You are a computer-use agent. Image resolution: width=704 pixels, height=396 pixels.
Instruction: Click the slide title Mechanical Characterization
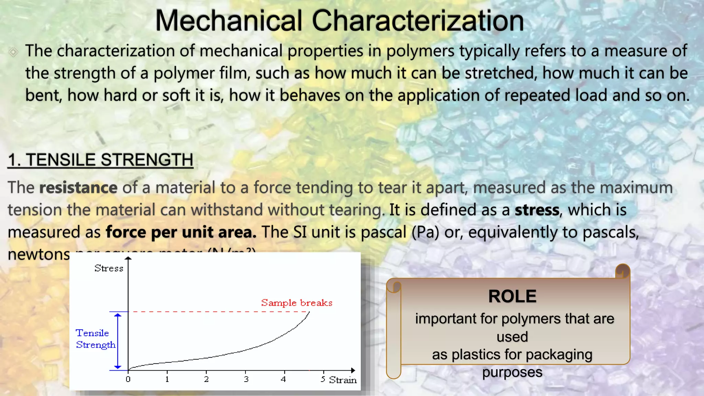339,21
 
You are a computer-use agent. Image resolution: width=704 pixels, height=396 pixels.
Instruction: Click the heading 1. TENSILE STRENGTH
100,160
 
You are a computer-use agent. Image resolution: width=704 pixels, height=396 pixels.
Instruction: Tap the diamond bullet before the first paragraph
13,52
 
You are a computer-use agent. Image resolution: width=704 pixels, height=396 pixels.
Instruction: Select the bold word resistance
78,188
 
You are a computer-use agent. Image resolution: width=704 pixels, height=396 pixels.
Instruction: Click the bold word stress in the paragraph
537,210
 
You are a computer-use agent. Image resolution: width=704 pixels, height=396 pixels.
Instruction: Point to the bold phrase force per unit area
181,232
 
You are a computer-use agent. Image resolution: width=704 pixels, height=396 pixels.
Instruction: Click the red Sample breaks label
297,303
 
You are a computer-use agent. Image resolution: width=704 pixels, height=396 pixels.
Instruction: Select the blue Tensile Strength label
95,339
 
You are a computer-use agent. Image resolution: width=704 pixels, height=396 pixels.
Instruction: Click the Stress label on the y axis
109,268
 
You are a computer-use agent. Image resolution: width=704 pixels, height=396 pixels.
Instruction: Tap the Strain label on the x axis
343,380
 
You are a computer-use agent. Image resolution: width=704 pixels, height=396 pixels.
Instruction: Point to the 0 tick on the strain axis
128,379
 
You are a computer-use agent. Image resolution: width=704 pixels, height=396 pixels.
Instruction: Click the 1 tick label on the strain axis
167,379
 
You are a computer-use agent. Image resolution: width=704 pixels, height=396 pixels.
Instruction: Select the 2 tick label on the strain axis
206,379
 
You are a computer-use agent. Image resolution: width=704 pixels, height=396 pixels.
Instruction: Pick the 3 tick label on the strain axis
246,379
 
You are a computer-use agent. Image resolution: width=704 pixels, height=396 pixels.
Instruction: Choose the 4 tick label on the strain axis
283,379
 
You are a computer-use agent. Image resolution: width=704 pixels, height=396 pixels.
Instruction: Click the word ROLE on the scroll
512,296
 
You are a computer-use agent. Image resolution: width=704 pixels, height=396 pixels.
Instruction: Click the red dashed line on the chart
220,312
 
